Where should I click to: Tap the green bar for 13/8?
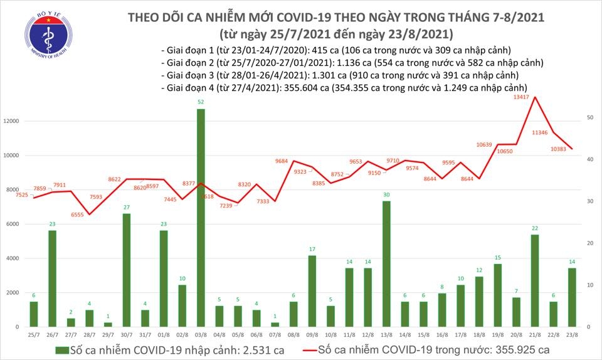click(386, 263)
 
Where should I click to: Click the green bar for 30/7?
click(126, 270)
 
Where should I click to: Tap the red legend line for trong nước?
click(301, 349)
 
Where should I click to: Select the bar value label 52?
click(201, 102)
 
